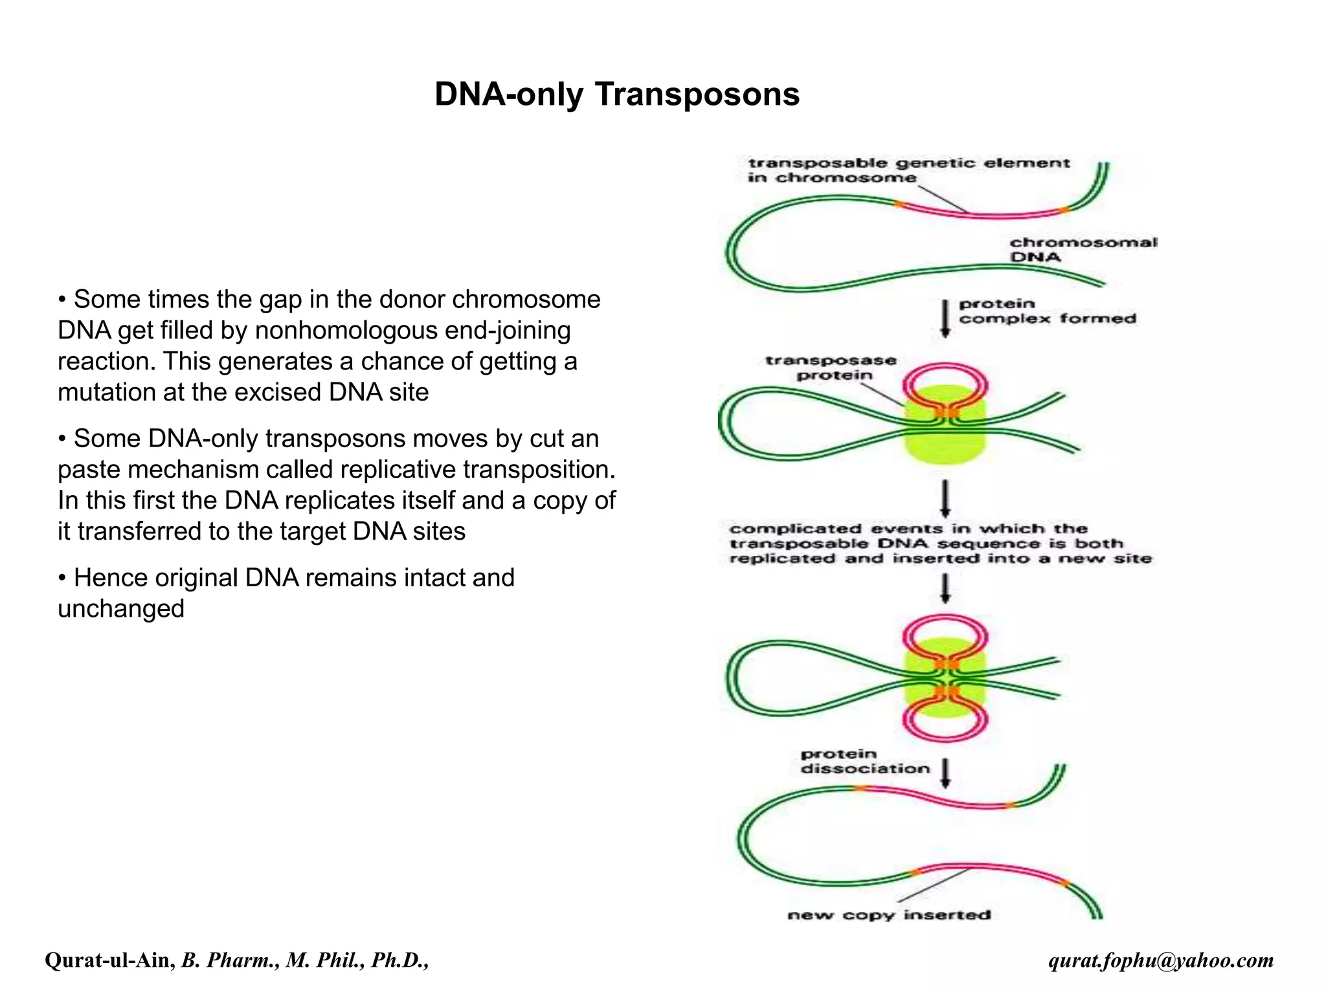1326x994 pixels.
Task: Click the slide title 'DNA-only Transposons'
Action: pos(616,94)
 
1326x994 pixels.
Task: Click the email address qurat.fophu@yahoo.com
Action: pos(1161,960)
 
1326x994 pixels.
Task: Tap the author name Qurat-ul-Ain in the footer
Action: pos(109,960)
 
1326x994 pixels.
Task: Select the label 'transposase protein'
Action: pos(831,368)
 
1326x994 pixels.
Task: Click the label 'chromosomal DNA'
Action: pos(1083,250)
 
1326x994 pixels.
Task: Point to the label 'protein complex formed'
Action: pos(1047,311)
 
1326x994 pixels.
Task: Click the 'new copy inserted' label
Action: pos(888,914)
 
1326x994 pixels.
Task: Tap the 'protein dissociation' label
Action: pos(864,762)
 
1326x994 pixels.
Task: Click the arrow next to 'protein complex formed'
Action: pos(945,318)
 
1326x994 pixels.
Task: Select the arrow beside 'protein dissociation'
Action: pos(945,773)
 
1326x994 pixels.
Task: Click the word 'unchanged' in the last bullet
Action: pos(121,609)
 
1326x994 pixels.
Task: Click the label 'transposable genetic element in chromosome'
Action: pos(908,170)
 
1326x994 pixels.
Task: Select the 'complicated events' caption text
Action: pos(940,544)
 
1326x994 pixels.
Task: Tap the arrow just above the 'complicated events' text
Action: pos(945,498)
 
